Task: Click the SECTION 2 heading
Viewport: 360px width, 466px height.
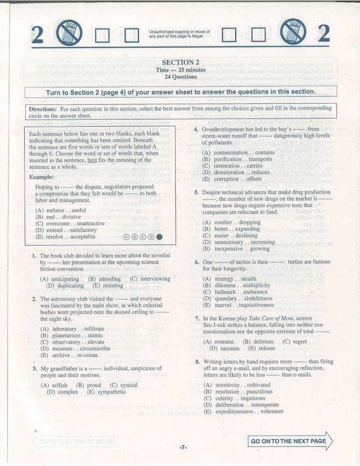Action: [x=180, y=62]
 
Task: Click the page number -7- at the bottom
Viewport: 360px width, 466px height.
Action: [x=183, y=447]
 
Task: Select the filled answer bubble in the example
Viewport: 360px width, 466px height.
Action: [x=159, y=237]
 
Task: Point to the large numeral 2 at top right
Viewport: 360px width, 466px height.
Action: [x=324, y=34]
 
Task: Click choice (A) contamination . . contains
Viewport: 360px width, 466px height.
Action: [x=238, y=153]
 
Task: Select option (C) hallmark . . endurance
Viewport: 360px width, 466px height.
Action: [x=235, y=292]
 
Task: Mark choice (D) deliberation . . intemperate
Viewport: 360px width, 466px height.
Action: [x=241, y=405]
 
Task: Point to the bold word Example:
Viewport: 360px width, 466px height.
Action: [x=41, y=177]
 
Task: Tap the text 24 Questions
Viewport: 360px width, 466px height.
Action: [x=180, y=77]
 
